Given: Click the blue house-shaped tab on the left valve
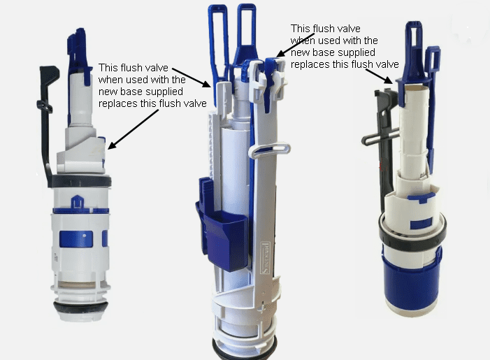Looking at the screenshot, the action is pyautogui.click(x=78, y=202).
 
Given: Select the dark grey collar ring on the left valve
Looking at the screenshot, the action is pyautogui.click(x=80, y=181).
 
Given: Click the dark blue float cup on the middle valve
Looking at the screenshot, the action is pyautogui.click(x=222, y=231).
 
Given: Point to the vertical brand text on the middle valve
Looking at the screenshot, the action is pyautogui.click(x=266, y=257).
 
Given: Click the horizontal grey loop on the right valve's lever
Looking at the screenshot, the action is pyautogui.click(x=380, y=137).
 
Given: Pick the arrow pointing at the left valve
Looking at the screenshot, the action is pyautogui.click(x=134, y=129).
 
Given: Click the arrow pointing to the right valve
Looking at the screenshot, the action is pyautogui.click(x=379, y=76).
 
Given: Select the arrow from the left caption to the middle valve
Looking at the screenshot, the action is pyautogui.click(x=192, y=78).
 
